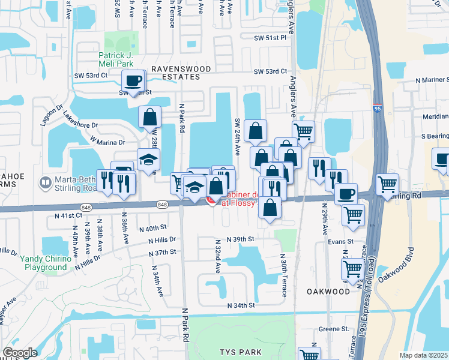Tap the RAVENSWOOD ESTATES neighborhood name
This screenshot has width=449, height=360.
click(x=181, y=73)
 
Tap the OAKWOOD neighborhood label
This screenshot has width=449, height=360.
click(x=328, y=291)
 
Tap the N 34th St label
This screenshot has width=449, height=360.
click(x=241, y=305)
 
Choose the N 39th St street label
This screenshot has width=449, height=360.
click(x=235, y=239)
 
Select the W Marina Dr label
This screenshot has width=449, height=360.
click(x=107, y=142)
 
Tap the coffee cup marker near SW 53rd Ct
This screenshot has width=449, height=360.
click(x=133, y=80)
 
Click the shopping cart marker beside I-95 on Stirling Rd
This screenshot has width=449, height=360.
click(x=388, y=184)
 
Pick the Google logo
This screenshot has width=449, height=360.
click(x=20, y=353)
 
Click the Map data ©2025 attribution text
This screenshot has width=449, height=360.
click(x=423, y=355)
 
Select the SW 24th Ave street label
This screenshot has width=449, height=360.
click(x=238, y=133)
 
